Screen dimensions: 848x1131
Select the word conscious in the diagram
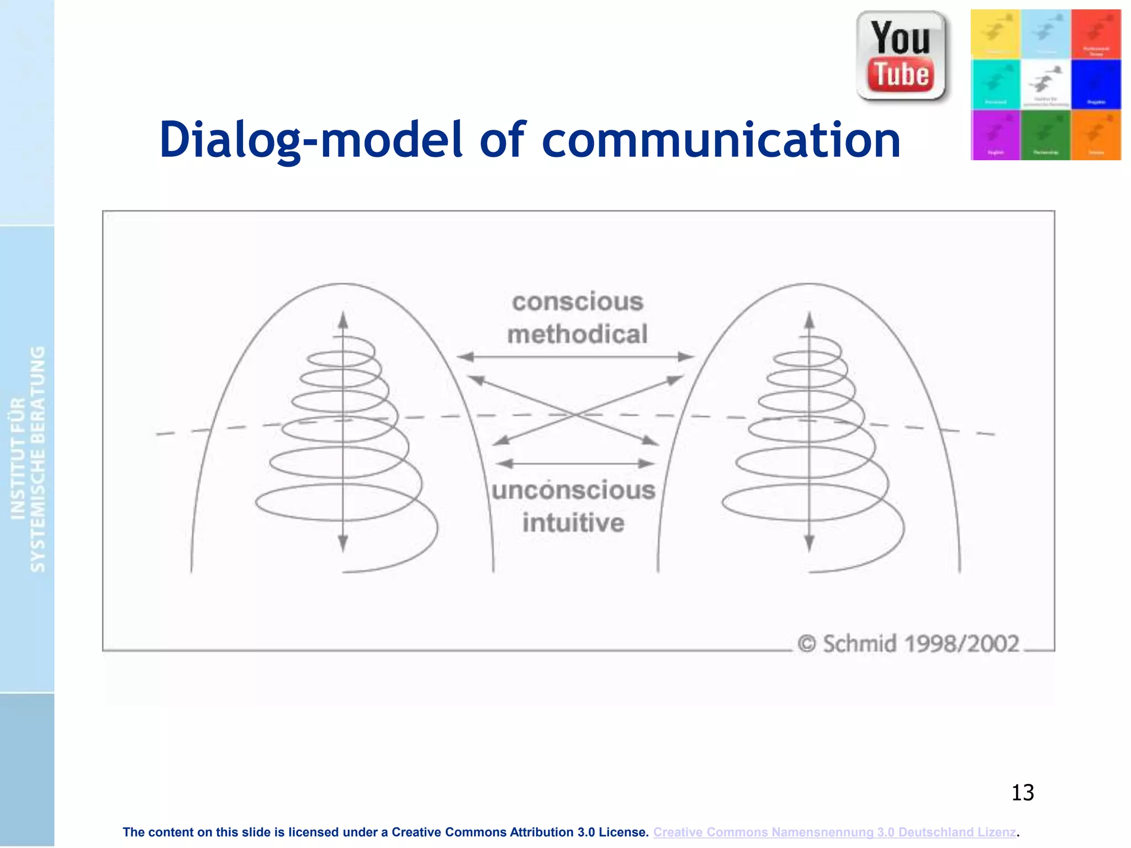click(578, 302)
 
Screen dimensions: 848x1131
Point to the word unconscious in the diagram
click(574, 490)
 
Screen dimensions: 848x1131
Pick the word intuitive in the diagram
click(574, 523)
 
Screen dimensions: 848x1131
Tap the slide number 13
click(1022, 793)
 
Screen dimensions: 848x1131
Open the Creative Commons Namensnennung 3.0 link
click(834, 832)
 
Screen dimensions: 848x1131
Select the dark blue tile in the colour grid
click(1096, 84)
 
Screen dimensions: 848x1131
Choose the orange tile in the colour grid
click(1096, 135)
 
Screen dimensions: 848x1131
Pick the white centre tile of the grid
click(1045, 84)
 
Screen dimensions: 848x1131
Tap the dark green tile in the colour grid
click(1045, 135)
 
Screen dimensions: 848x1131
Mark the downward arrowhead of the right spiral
click(809, 544)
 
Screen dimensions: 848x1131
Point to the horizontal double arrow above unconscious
click(575, 464)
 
